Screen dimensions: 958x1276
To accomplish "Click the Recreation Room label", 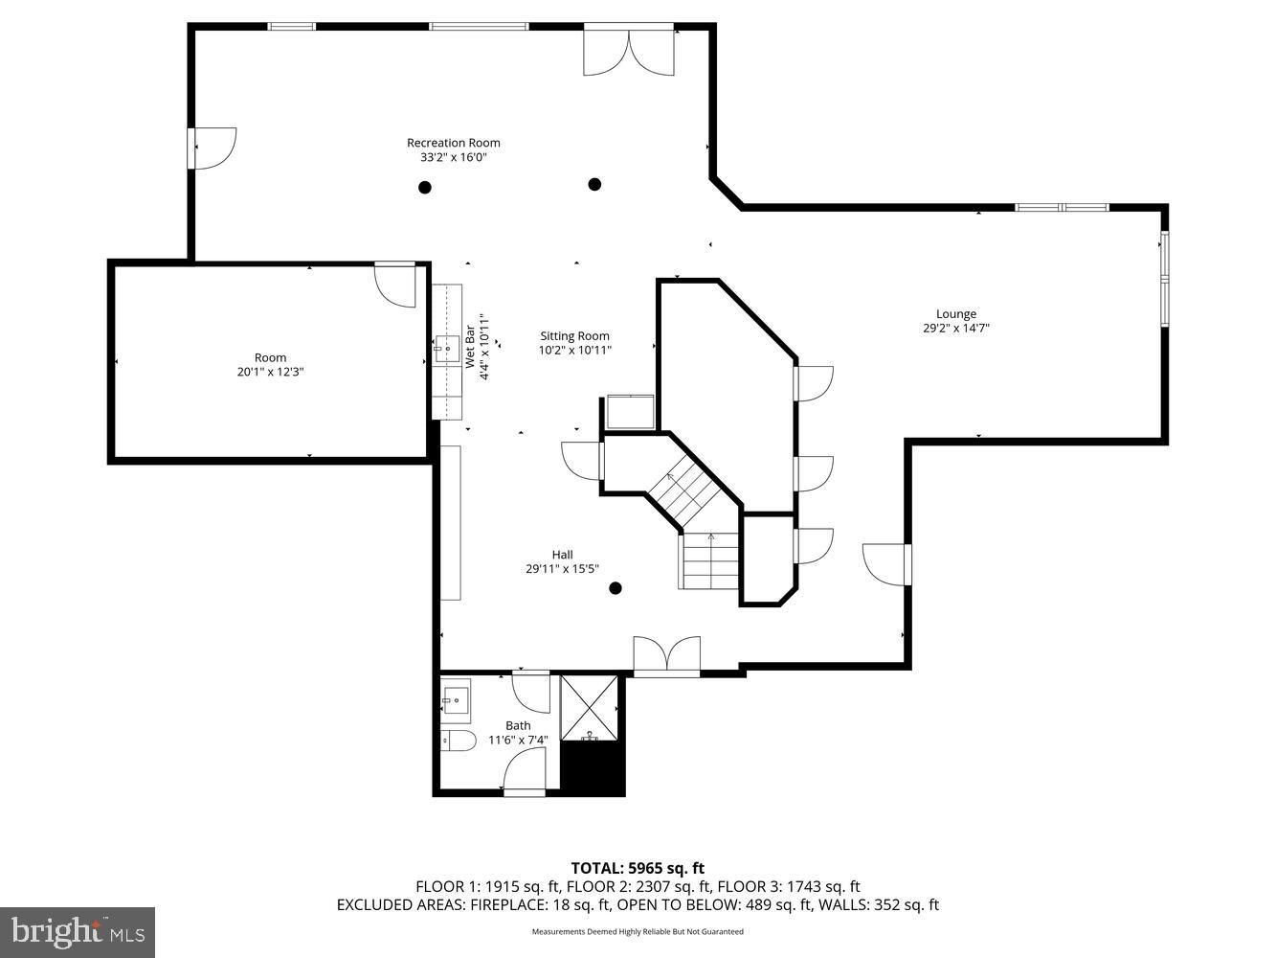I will pos(453,143).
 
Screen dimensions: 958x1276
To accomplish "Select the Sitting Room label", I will pos(574,335).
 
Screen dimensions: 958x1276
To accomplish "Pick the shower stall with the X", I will pos(590,708).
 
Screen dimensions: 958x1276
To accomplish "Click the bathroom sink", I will pos(456,697).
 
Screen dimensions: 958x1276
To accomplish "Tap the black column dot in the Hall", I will pos(616,588).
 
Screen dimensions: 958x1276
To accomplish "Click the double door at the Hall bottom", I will pos(666,657).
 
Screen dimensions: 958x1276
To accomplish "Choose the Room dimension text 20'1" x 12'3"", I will pos(270,372).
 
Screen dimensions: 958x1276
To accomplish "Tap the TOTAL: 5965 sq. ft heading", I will pos(638,869).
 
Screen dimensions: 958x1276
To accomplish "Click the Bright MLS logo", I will pos(78,931).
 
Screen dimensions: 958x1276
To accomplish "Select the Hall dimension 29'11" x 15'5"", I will pos(562,568).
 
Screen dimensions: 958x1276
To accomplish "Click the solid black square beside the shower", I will pos(592,768).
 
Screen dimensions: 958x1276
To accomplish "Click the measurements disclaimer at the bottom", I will pos(638,931).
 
